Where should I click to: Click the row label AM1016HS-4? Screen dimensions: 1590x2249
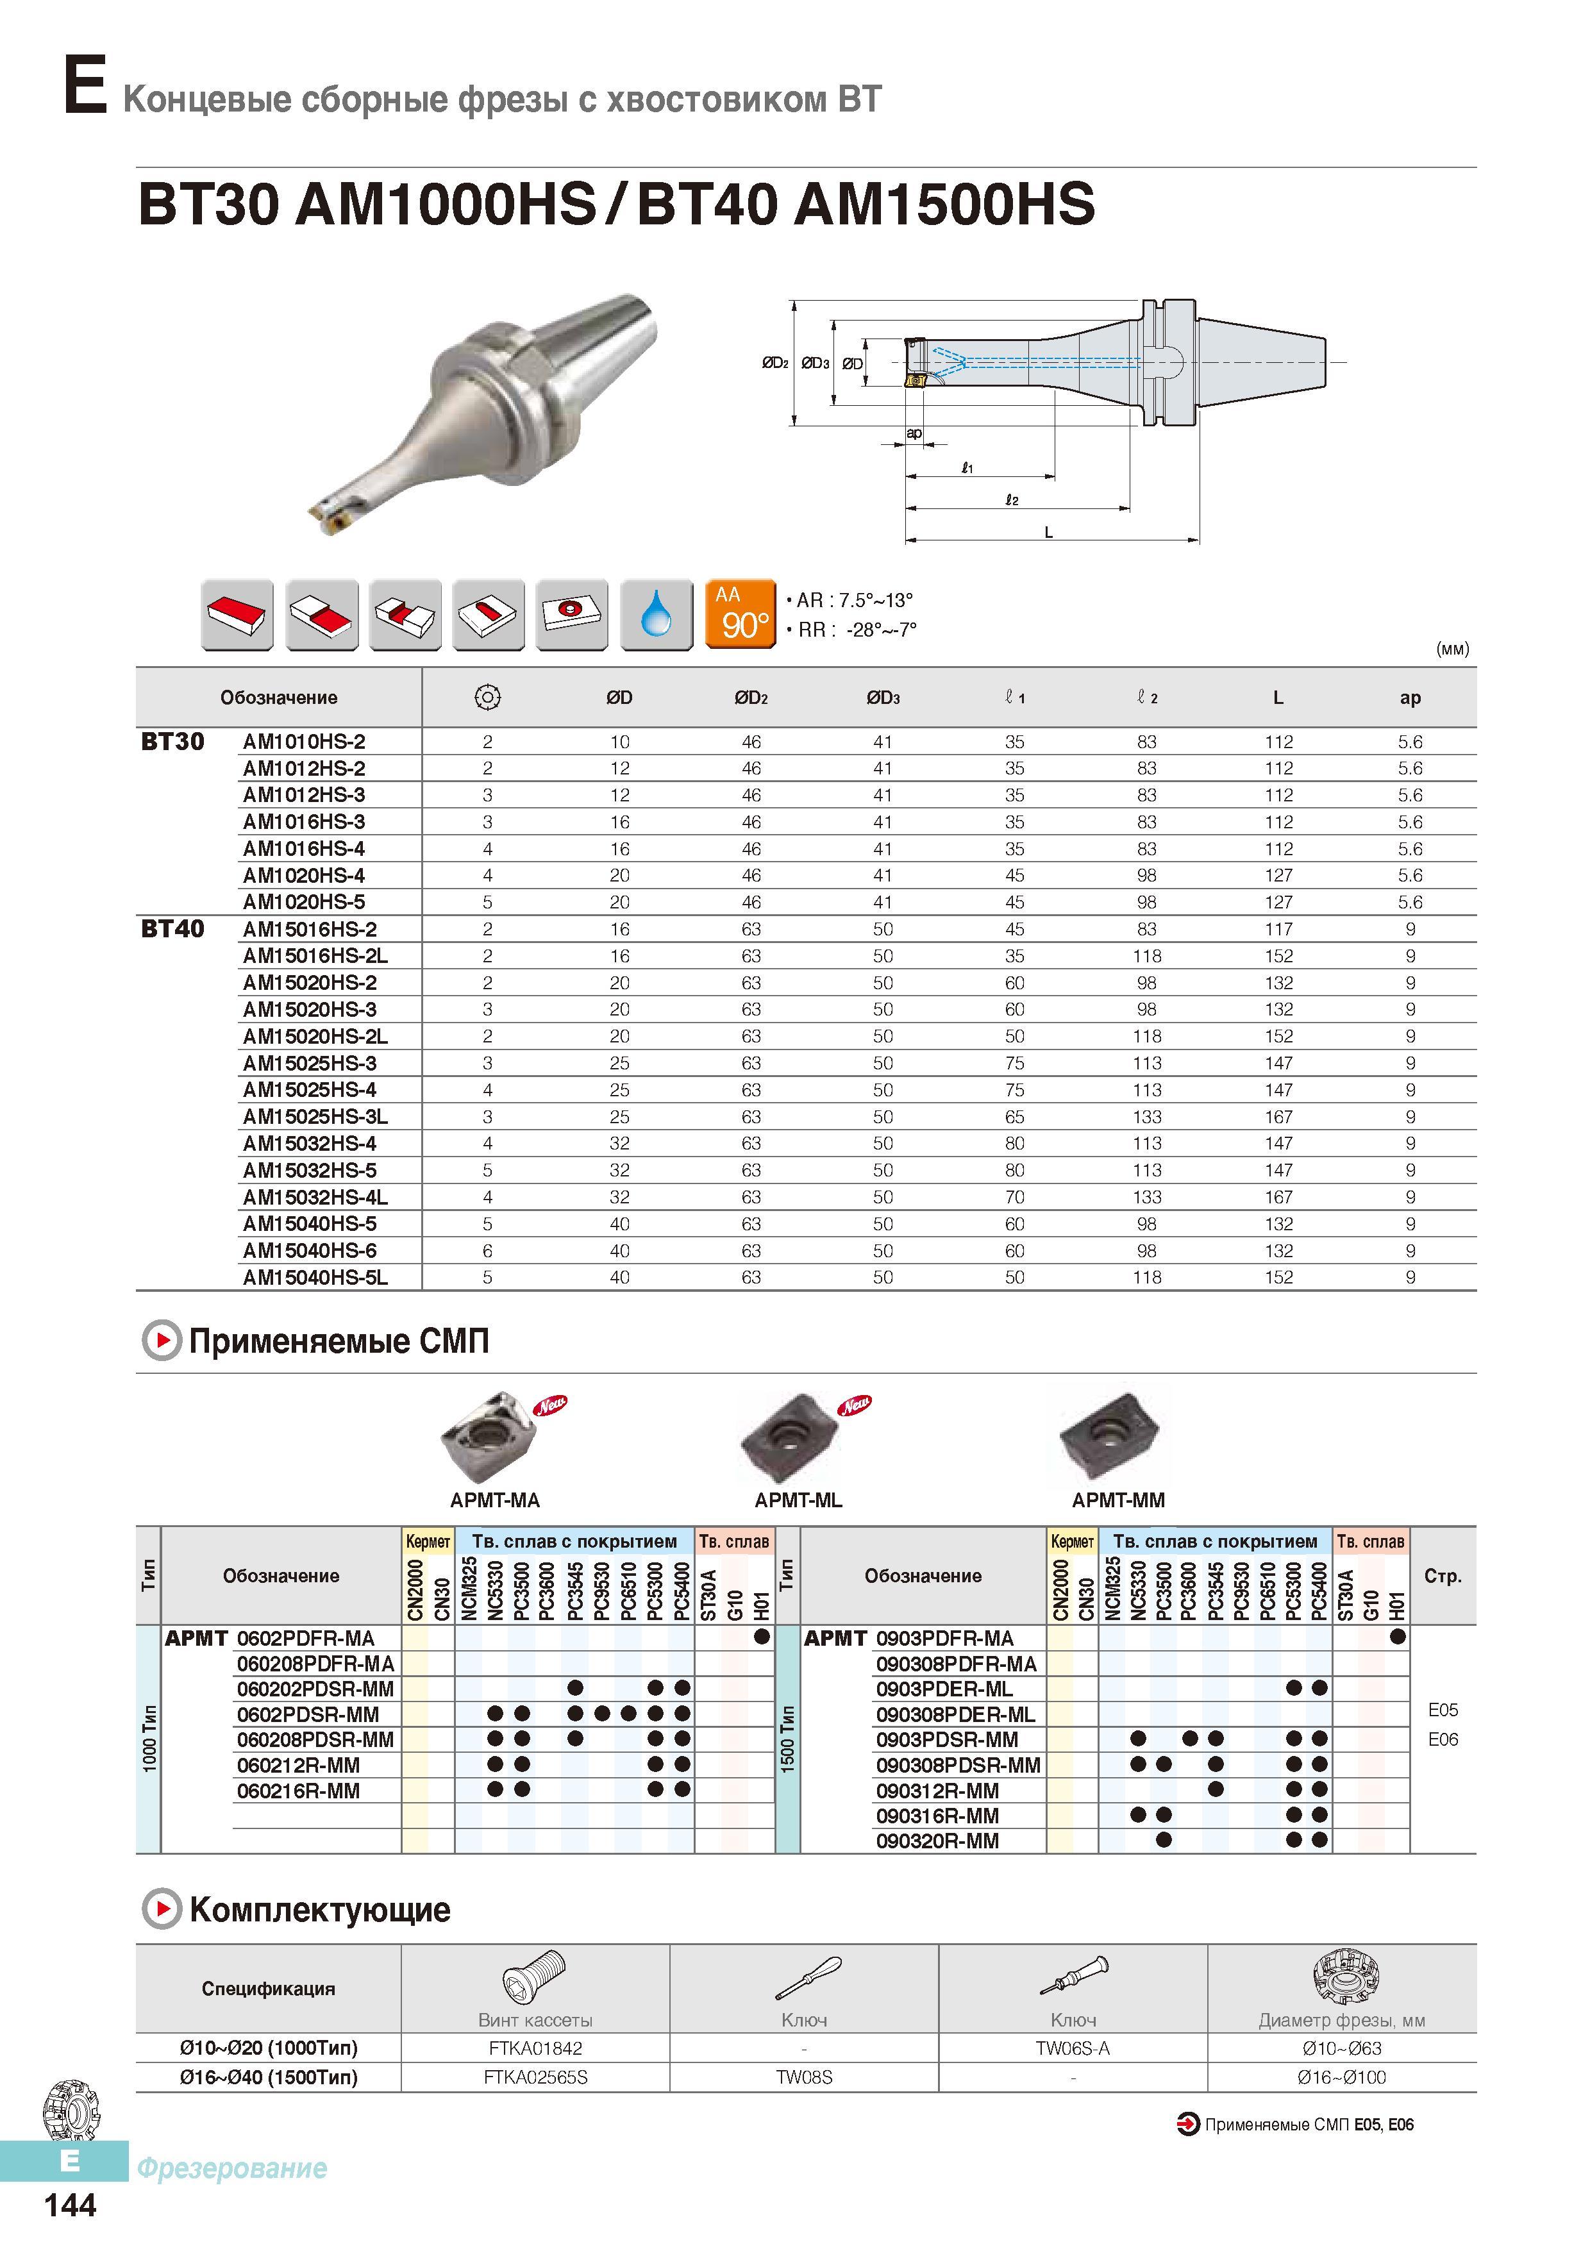304,848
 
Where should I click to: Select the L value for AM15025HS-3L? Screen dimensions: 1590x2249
1278,1117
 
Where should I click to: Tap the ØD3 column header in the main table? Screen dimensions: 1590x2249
883,698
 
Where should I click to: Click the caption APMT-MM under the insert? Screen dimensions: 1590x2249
1117,1500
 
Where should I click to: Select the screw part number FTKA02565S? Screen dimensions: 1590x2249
535,2077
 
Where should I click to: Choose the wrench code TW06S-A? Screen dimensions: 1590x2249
1073,2047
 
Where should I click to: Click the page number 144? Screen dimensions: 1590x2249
71,2204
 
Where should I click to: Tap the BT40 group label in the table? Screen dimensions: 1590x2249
172,928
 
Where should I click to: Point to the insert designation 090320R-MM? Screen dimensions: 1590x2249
937,1841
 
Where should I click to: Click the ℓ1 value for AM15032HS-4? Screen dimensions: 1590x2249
1015,1143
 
